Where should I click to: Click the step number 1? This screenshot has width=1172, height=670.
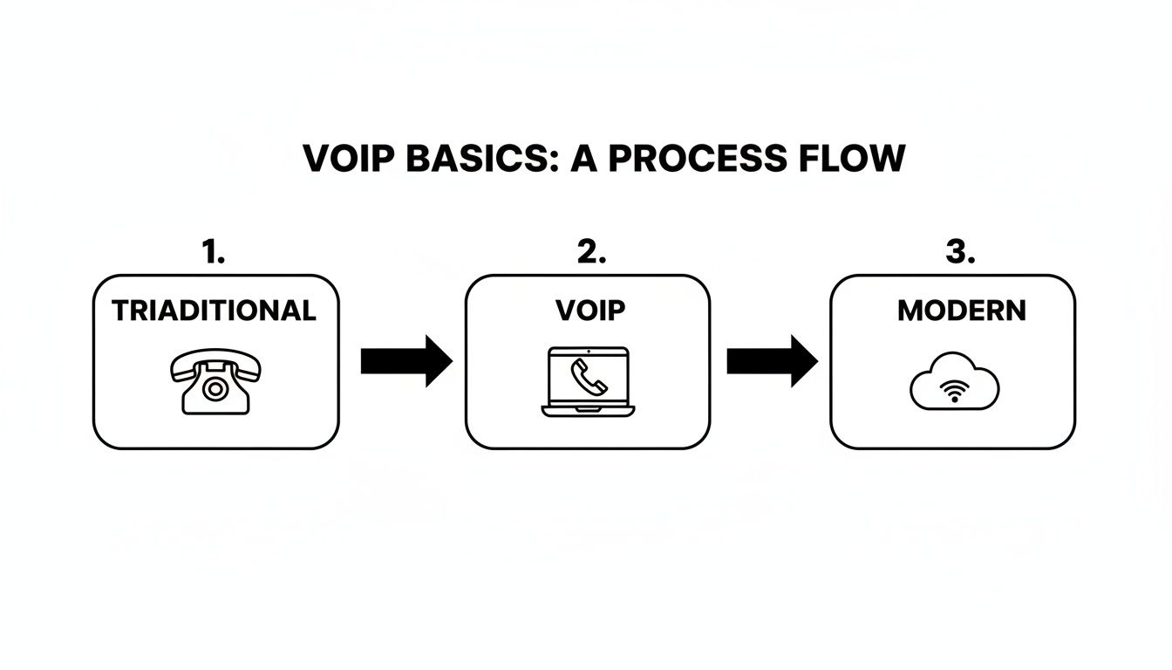(x=213, y=253)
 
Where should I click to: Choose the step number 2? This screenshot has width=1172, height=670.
(x=590, y=253)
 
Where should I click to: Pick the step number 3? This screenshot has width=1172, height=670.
(x=959, y=253)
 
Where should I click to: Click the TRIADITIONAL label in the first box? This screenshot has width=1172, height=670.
(x=214, y=311)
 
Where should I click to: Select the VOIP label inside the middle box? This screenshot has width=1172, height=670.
(x=589, y=311)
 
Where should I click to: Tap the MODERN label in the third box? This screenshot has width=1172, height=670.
(x=961, y=311)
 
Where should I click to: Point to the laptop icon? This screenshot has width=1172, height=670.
(x=588, y=381)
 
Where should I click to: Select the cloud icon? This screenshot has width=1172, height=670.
(x=955, y=382)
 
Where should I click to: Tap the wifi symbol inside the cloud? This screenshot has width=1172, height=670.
(x=955, y=393)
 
